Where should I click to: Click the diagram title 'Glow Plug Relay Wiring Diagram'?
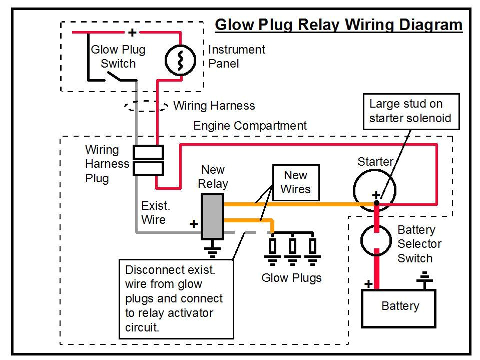tap(338, 25)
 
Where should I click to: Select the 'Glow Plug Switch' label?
tap(118, 57)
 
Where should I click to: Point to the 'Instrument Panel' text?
tap(236, 57)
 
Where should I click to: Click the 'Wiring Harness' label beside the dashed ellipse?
tap(214, 106)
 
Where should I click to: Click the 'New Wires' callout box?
tap(295, 182)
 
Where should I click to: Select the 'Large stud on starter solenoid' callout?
tap(410, 111)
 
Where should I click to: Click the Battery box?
tap(399, 306)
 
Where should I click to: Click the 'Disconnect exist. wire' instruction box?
tap(177, 299)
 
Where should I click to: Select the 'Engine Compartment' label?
tap(250, 126)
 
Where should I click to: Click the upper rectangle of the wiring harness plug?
tap(148, 152)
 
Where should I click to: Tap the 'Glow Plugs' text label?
tap(291, 277)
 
